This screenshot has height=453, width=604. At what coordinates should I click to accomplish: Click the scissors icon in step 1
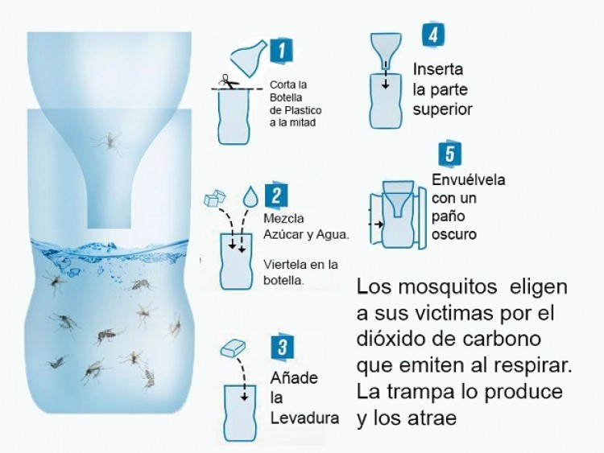pos(225,81)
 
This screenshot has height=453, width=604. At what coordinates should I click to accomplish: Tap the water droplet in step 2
pos(251,196)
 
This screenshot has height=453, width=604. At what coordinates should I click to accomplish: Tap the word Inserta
pos(439,68)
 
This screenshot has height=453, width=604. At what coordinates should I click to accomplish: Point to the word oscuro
pos(454,234)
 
